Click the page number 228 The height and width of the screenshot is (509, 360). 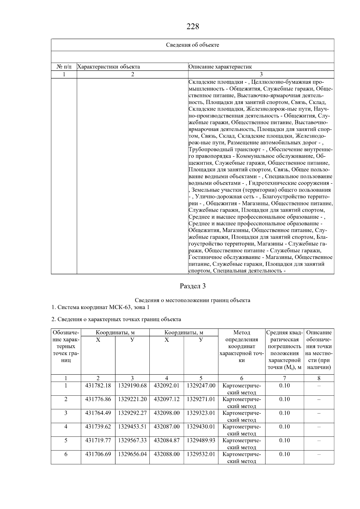[x=193, y=27]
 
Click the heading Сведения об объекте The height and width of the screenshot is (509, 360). [x=193, y=45]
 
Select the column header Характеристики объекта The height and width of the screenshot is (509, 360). [x=109, y=67]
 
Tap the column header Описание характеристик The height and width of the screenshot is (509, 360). [x=220, y=67]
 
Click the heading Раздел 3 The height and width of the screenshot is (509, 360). [x=193, y=286]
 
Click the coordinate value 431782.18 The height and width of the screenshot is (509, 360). [x=98, y=385]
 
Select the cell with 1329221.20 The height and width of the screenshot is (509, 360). [x=132, y=399]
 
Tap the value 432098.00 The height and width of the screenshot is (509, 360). [x=166, y=413]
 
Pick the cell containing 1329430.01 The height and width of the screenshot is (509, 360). [x=201, y=427]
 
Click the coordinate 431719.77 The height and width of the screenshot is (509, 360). [x=98, y=440]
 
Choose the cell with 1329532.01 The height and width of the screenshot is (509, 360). [x=201, y=454]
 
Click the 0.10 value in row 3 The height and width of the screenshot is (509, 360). [x=284, y=413]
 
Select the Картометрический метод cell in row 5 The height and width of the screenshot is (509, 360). [x=241, y=444]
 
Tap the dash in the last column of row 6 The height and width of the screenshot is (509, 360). [x=319, y=454]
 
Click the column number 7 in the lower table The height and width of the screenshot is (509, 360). [x=284, y=378]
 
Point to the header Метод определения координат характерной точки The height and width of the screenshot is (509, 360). [x=241, y=346]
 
